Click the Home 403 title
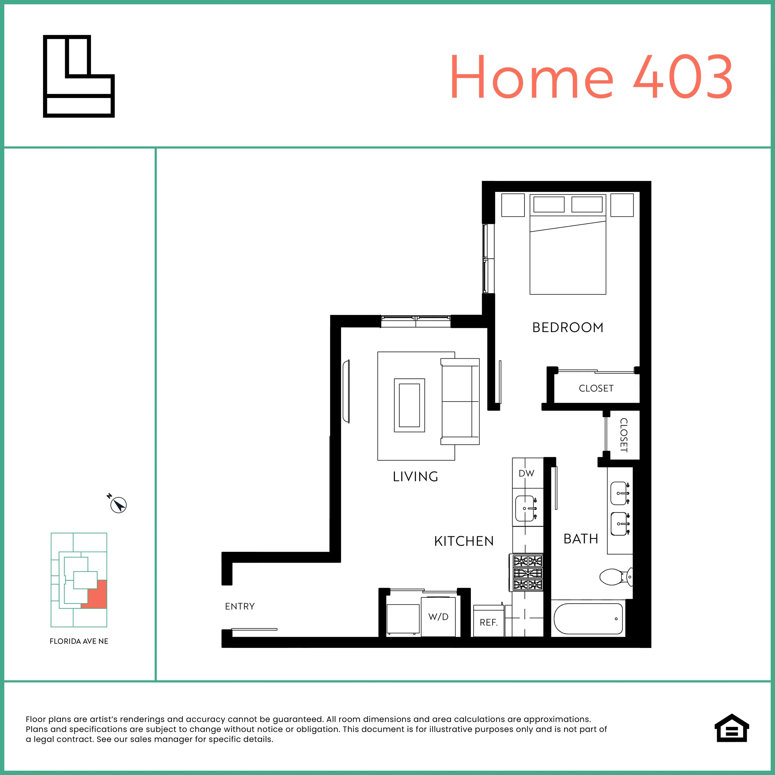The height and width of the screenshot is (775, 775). click(x=591, y=77)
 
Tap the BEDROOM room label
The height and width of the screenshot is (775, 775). click(x=568, y=328)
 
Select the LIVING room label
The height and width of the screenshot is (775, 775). click(x=415, y=476)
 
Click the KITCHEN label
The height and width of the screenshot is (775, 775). click(x=464, y=541)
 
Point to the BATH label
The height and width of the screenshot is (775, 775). click(x=580, y=539)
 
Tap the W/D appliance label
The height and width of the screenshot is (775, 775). click(x=438, y=617)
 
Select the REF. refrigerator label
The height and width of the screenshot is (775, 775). click(x=488, y=622)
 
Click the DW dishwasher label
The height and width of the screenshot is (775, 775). click(x=526, y=473)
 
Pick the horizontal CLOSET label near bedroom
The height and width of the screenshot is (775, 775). click(x=596, y=388)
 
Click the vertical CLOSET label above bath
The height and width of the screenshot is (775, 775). click(x=623, y=435)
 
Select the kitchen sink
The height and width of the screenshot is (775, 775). click(x=526, y=508)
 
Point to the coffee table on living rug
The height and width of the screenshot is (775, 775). click(x=409, y=405)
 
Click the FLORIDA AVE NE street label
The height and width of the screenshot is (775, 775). click(x=79, y=641)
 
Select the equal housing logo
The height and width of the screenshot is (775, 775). click(x=732, y=739)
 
